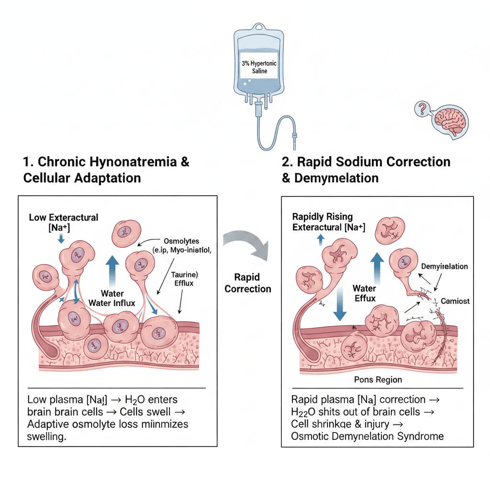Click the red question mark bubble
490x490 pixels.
pos(422,109)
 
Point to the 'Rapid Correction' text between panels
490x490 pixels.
pos(248,283)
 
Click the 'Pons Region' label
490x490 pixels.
pos(379,379)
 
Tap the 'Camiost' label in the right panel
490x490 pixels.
pos(455,301)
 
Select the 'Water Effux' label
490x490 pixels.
pos(364,293)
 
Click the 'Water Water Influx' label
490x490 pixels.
pos(113,298)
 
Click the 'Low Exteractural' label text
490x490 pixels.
pos(64,218)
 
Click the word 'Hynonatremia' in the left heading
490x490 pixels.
pos(136,162)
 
